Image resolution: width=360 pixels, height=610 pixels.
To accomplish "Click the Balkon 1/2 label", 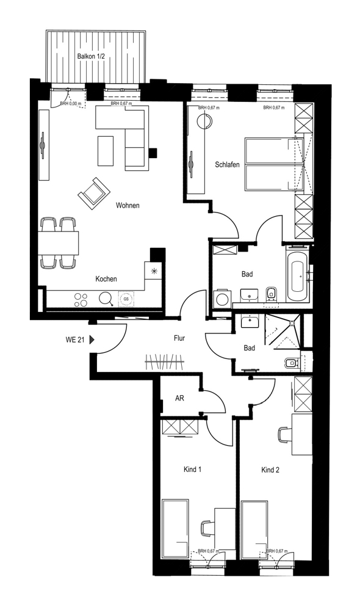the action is tap(91, 56).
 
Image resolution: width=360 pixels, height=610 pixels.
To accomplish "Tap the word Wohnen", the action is tap(128, 205).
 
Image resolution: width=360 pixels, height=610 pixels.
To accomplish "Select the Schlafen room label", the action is tap(227, 165).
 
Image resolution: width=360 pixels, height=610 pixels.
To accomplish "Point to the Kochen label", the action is tap(106, 279).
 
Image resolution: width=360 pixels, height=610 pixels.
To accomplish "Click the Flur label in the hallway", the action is tap(179, 338).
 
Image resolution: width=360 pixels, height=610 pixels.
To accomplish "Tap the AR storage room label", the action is tap(179, 398).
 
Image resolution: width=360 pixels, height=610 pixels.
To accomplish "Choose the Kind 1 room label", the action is tap(192, 470).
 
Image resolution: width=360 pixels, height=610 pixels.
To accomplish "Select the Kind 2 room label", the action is tap(270, 470).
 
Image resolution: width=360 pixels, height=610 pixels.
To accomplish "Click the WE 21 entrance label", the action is tap(75, 340).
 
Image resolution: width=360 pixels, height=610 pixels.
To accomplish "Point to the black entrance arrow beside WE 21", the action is tap(92, 340).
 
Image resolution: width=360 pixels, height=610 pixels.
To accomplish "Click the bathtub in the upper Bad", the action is tap(298, 275).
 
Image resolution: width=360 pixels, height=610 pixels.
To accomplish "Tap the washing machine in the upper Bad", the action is tap(223, 299).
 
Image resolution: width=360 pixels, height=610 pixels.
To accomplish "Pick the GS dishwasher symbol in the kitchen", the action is tap(126, 299).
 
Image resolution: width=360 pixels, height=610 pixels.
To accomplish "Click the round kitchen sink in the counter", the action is tap(105, 299).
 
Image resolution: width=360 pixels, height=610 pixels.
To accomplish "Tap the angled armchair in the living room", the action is tap(94, 194).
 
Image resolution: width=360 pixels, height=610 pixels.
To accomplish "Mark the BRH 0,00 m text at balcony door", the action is tap(71, 103).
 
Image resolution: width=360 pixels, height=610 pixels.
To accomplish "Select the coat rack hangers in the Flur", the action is tap(164, 362).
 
